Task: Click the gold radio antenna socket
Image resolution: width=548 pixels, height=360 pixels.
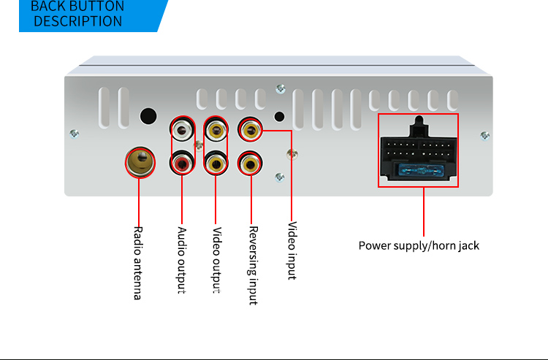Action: click(140, 161)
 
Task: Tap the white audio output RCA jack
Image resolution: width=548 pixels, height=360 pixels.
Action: click(182, 131)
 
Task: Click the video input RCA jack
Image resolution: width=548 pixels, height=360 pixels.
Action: click(251, 131)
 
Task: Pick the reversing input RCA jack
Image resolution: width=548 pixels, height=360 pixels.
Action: click(251, 164)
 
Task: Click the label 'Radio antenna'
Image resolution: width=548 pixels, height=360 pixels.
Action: click(137, 262)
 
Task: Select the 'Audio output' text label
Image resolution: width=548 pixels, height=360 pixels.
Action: click(182, 260)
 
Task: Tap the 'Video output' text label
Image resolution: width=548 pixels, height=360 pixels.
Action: click(216, 260)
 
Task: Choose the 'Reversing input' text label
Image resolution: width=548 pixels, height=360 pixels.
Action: click(253, 264)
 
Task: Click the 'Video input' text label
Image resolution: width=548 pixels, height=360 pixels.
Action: click(292, 250)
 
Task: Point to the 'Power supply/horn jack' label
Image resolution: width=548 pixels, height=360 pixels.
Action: click(419, 245)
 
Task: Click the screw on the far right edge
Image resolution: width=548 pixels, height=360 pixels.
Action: click(485, 135)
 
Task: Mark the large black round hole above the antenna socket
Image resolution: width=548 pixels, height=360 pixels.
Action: click(148, 116)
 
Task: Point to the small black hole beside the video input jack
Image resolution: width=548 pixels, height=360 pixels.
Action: click(278, 116)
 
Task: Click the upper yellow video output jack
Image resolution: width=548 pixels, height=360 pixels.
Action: click(216, 131)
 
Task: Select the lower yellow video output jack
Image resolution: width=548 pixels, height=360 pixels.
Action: click(216, 164)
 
